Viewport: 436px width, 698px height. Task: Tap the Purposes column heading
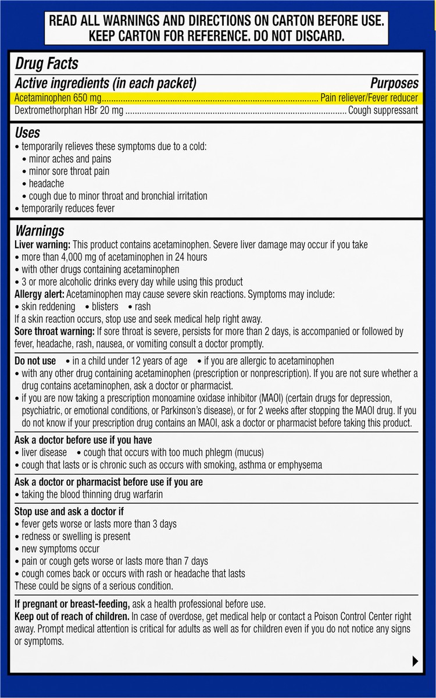click(394, 83)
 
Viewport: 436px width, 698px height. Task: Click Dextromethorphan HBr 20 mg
click(69, 110)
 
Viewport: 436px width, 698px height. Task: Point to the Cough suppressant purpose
click(383, 110)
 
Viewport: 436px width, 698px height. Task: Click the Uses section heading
click(27, 133)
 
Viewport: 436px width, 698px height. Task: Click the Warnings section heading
click(40, 231)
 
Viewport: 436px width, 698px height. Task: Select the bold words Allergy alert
click(40, 294)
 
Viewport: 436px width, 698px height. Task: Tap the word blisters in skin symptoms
click(105, 307)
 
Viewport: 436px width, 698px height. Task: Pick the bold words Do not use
click(35, 361)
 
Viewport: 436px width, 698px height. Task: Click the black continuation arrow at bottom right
click(414, 661)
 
